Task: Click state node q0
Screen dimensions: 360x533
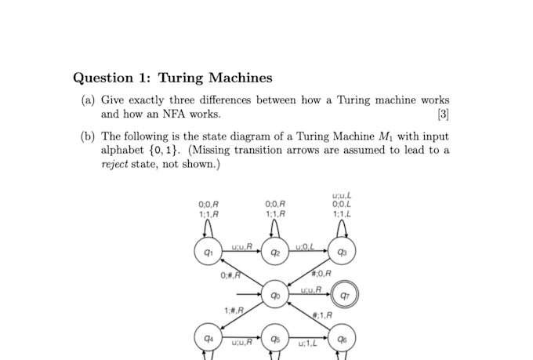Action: pos(274,295)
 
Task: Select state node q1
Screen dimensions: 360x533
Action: pos(206,252)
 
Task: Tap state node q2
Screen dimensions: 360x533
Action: pos(274,252)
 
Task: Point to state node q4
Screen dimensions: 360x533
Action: pos(206,338)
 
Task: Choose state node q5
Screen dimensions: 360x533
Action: pos(274,338)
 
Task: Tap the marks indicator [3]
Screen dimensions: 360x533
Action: pos(443,115)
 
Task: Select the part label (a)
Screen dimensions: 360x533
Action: pos(89,100)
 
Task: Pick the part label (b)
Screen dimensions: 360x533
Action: pos(89,136)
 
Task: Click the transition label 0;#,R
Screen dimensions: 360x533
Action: pos(230,275)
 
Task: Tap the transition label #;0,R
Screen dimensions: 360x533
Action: pos(321,274)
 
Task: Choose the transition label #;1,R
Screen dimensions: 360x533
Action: pos(323,315)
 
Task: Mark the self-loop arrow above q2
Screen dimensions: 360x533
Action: pos(274,227)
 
